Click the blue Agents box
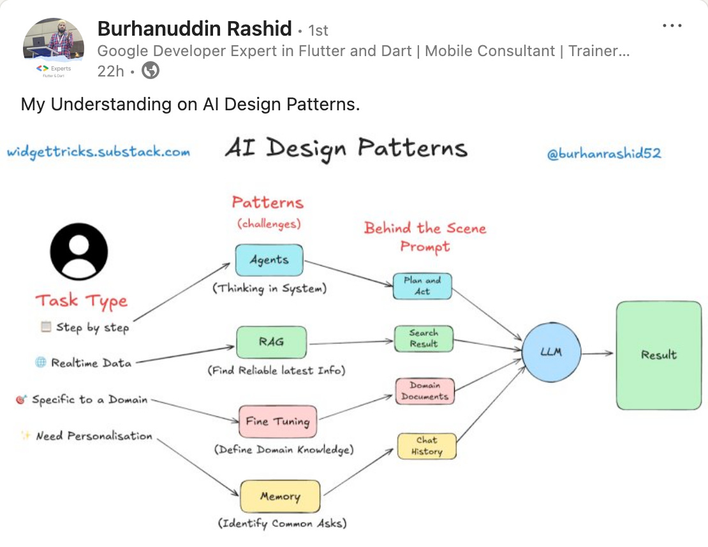[269, 260]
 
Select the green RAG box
[271, 342]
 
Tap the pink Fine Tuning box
[277, 421]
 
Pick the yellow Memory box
[280, 496]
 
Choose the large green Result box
[658, 355]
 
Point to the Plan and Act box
[422, 286]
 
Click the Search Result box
[424, 338]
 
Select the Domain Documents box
[425, 391]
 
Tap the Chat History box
[427, 446]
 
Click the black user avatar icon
[79, 252]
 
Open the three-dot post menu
[672, 26]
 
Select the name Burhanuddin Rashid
[195, 29]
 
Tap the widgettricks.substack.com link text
[98, 152]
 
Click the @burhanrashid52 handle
[604, 154]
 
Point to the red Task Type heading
[81, 301]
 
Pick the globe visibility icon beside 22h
[150, 70]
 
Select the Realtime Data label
[91, 363]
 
